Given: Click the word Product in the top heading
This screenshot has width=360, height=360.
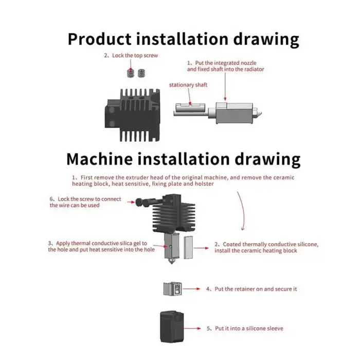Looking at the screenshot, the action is pyautogui.click(x=99, y=40).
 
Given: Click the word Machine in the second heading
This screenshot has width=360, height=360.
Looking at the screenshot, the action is pyautogui.click(x=100, y=159).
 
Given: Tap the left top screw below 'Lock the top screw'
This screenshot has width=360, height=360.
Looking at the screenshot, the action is pyautogui.click(x=131, y=73).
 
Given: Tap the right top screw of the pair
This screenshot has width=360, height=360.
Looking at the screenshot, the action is pyautogui.click(x=141, y=73).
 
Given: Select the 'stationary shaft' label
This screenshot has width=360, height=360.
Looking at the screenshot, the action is pyautogui.click(x=188, y=85).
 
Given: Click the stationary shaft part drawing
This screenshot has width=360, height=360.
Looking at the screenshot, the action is pyautogui.click(x=189, y=110).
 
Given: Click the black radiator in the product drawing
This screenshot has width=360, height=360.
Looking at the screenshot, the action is pyautogui.click(x=133, y=115).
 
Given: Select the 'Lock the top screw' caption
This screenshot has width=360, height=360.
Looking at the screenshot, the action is pyautogui.click(x=131, y=56).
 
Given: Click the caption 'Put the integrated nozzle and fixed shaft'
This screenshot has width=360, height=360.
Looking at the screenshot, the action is pyautogui.click(x=225, y=66).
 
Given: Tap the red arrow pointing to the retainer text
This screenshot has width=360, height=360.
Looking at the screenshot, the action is pyautogui.click(x=191, y=289).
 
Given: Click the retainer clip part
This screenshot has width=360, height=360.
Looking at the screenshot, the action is pyautogui.click(x=173, y=289).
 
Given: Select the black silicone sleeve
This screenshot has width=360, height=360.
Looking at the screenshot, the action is pyautogui.click(x=172, y=327).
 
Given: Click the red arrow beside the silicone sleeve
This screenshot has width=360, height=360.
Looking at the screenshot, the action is pyautogui.click(x=192, y=329).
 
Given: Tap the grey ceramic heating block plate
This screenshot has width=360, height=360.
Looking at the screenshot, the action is pyautogui.click(x=189, y=247).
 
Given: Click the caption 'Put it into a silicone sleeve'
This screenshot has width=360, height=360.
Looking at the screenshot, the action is pyautogui.click(x=245, y=329).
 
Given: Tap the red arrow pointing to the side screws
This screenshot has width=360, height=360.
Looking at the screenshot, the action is pyautogui.click(x=131, y=202).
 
